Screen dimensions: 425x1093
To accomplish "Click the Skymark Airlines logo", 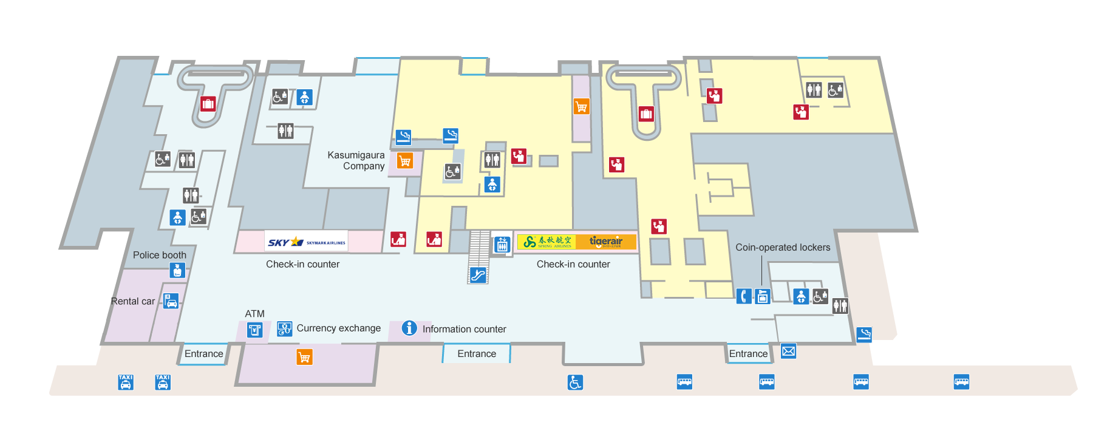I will pyautogui.click(x=306, y=242).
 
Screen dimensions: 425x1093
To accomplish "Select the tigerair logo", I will pyautogui.click(x=606, y=242).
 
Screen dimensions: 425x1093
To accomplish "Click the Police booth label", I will pyautogui.click(x=160, y=255).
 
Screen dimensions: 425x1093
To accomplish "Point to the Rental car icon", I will pyautogui.click(x=171, y=301).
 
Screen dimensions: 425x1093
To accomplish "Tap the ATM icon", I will pyautogui.click(x=255, y=330).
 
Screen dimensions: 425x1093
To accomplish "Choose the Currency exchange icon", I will pyautogui.click(x=284, y=328).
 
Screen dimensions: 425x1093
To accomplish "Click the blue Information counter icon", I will pyautogui.click(x=409, y=328).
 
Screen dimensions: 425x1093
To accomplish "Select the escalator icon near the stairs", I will pyautogui.click(x=478, y=275).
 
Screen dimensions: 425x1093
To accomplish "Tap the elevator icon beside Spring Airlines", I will pyautogui.click(x=502, y=244).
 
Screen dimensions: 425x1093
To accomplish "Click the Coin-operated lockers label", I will pyautogui.click(x=783, y=247).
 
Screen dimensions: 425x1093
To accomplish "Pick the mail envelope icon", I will pyautogui.click(x=788, y=351).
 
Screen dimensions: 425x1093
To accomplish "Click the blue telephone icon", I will pyautogui.click(x=744, y=296).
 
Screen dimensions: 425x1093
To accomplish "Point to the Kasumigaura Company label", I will pyautogui.click(x=356, y=160).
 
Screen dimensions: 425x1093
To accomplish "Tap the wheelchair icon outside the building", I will pyautogui.click(x=575, y=382).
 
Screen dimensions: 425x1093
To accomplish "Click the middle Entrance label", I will pyautogui.click(x=477, y=353).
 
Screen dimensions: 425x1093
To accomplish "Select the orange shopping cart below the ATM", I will pyautogui.click(x=304, y=357).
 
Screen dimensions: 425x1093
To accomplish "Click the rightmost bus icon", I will pyautogui.click(x=961, y=382).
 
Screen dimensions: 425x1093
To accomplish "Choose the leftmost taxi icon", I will pyautogui.click(x=126, y=382).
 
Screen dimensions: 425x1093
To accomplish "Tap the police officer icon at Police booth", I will pyautogui.click(x=177, y=270).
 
